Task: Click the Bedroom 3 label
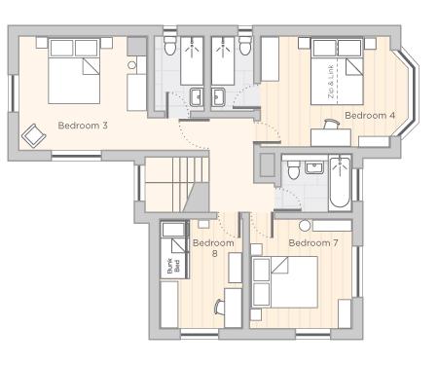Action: pyautogui.click(x=83, y=126)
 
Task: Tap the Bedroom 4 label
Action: pyautogui.click(x=370, y=115)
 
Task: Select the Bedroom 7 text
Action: pyautogui.click(x=313, y=242)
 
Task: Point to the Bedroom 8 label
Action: pyautogui.click(x=213, y=248)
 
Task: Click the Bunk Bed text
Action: pyautogui.click(x=173, y=266)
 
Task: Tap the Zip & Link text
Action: pyautogui.click(x=331, y=83)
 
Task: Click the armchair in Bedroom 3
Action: pyautogui.click(x=33, y=136)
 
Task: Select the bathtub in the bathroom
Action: pyautogui.click(x=340, y=182)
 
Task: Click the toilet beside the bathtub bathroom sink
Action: pyautogui.click(x=294, y=169)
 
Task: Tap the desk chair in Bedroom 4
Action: pyautogui.click(x=332, y=124)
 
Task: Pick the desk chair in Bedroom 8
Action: pyautogui.click(x=219, y=307)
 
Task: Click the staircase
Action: pyautogui.click(x=176, y=185)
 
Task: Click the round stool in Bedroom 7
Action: pyautogui.click(x=305, y=226)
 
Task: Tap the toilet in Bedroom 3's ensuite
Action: pyautogui.click(x=169, y=46)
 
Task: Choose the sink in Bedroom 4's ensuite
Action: pyautogui.click(x=219, y=97)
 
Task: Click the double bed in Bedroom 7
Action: pyautogui.click(x=284, y=282)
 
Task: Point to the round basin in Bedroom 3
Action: pyautogui.click(x=131, y=65)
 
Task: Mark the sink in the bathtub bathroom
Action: pyautogui.click(x=314, y=167)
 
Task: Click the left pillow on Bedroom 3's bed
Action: pyautogui.click(x=61, y=48)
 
